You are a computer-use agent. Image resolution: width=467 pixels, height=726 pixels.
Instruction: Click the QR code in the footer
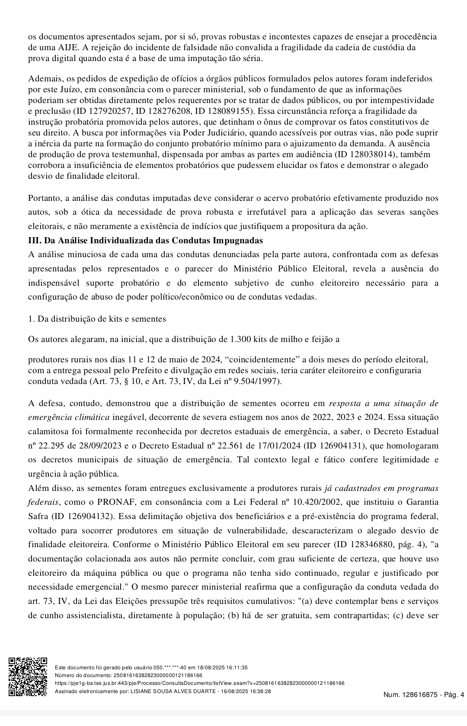click(x=28, y=677)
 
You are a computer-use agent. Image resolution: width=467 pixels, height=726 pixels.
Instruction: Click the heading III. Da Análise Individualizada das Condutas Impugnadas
click(x=145, y=240)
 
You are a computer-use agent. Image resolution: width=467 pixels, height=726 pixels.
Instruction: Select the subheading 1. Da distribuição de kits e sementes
click(x=97, y=319)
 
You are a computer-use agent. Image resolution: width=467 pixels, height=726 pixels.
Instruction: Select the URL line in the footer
click(x=200, y=683)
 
